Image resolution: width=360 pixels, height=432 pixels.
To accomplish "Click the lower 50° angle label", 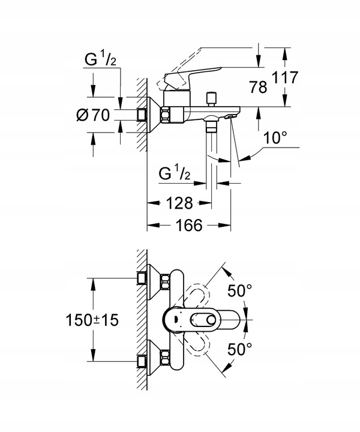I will [240, 349].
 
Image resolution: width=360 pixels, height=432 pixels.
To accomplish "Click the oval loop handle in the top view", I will [190, 319].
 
